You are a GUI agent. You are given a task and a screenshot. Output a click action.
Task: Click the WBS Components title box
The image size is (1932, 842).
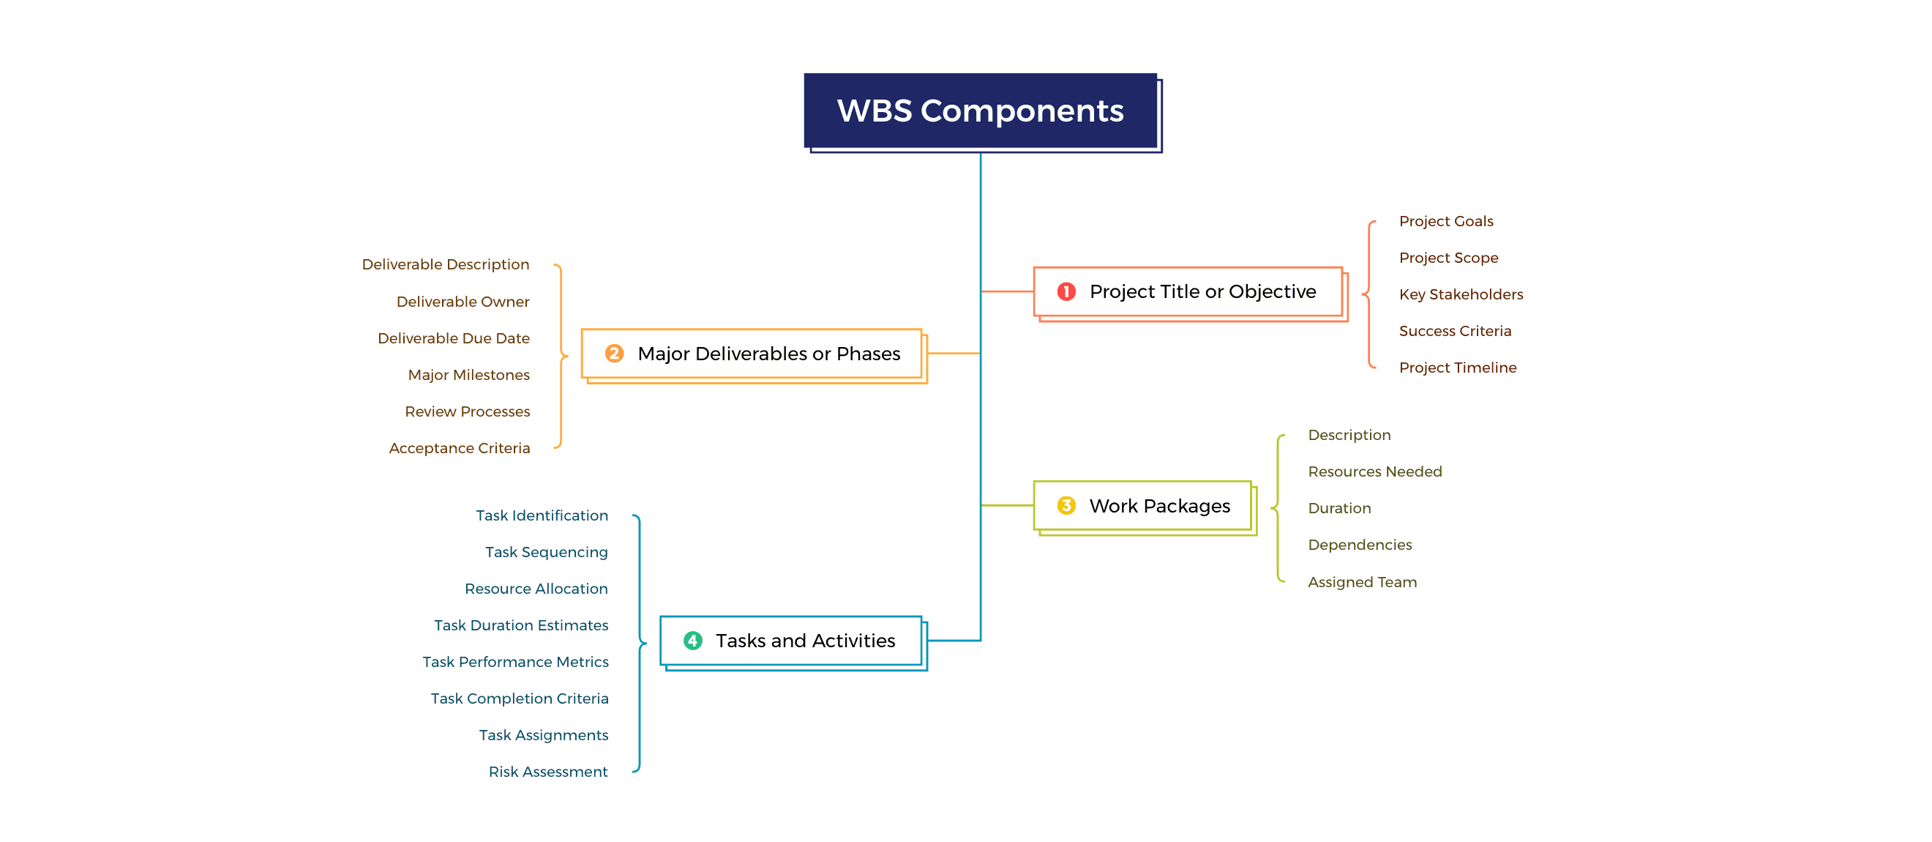coord(979,111)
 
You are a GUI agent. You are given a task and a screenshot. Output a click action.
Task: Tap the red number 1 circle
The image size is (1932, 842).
coord(1066,291)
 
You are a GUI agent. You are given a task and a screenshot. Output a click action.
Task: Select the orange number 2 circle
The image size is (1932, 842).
coord(613,354)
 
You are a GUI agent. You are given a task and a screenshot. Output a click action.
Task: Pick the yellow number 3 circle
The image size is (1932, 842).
coord(1066,506)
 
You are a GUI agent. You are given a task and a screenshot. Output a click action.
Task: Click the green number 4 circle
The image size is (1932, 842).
coord(692,641)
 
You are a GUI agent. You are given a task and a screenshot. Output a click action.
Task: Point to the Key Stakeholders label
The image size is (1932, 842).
coord(1460,294)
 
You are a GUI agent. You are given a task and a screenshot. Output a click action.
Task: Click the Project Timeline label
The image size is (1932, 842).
coord(1456,368)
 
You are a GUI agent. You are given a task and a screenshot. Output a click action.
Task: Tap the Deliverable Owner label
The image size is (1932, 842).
coord(462,302)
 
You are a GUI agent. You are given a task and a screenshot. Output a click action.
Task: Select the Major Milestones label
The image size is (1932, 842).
coord(468,374)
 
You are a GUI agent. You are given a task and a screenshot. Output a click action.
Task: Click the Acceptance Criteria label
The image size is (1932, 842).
coord(459,448)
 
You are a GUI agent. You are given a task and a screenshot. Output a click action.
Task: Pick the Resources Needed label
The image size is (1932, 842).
coord(1374,472)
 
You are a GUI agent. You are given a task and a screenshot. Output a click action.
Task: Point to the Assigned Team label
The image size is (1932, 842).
coord(1361,581)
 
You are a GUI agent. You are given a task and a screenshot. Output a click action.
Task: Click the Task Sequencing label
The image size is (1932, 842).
coord(546,552)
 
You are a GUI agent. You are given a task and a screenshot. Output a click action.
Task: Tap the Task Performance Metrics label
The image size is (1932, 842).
coord(514,662)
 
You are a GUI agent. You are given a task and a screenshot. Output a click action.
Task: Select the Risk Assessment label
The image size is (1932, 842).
coord(547,772)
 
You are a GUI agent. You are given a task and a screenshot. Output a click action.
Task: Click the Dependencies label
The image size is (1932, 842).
coord(1359,545)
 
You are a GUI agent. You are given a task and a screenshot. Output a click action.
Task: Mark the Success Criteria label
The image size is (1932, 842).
coord(1454,331)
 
